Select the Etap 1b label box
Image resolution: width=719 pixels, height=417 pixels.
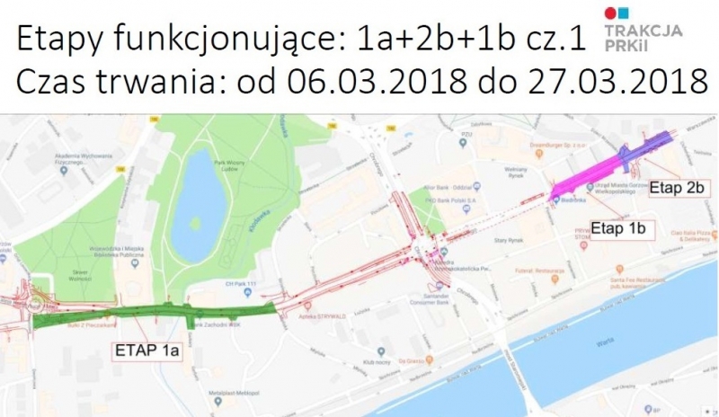pyautogui.click(x=621, y=229)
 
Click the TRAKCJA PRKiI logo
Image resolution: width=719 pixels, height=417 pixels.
pyautogui.click(x=643, y=28)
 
